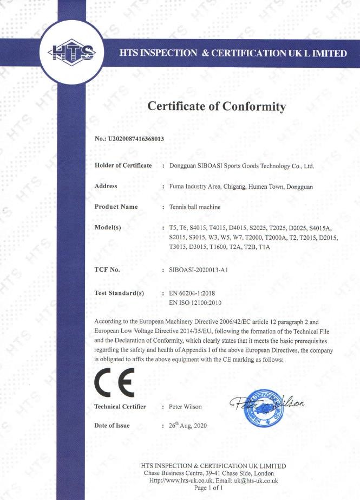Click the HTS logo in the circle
(71, 52)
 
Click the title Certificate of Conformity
(217, 106)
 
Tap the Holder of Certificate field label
(123, 165)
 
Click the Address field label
(106, 186)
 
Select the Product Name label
(116, 207)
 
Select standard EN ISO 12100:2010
(196, 303)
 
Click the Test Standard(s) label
(119, 293)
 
